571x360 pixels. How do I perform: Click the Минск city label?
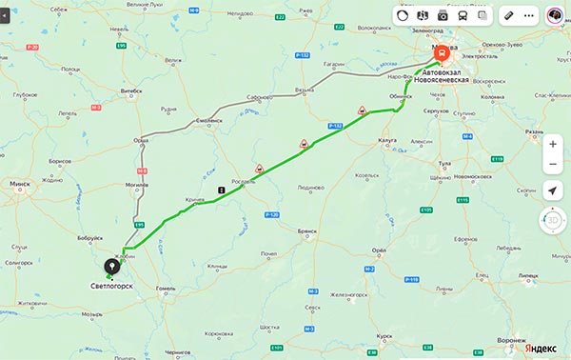click(18, 184)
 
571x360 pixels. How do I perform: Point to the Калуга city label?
click(387, 140)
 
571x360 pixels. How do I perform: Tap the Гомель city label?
click(166, 287)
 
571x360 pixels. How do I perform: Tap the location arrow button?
click(553, 191)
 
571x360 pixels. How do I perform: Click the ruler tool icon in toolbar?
click(509, 16)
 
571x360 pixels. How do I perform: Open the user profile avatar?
click(554, 16)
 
